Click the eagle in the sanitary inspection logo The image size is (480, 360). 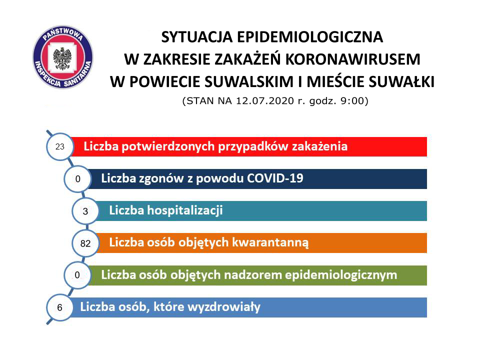[62, 58]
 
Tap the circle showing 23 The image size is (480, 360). [60, 146]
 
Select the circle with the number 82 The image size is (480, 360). [85, 243]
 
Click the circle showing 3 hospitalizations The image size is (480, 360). [85, 211]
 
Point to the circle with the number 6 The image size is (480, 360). [59, 307]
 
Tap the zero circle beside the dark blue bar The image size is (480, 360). [77, 179]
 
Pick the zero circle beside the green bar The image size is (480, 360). [77, 275]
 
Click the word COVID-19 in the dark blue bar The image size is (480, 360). [275, 178]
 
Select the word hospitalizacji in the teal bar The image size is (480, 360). [185, 210]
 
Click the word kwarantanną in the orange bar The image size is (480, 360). [270, 242]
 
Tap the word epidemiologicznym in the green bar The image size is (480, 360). [341, 275]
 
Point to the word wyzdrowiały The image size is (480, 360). [224, 307]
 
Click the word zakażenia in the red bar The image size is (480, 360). [319, 146]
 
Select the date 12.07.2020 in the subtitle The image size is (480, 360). [265, 100]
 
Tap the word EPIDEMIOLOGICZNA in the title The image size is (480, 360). [309, 37]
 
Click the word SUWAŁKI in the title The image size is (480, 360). [401, 81]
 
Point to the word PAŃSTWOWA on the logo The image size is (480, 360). [63, 33]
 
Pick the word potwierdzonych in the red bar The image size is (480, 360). [168, 146]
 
